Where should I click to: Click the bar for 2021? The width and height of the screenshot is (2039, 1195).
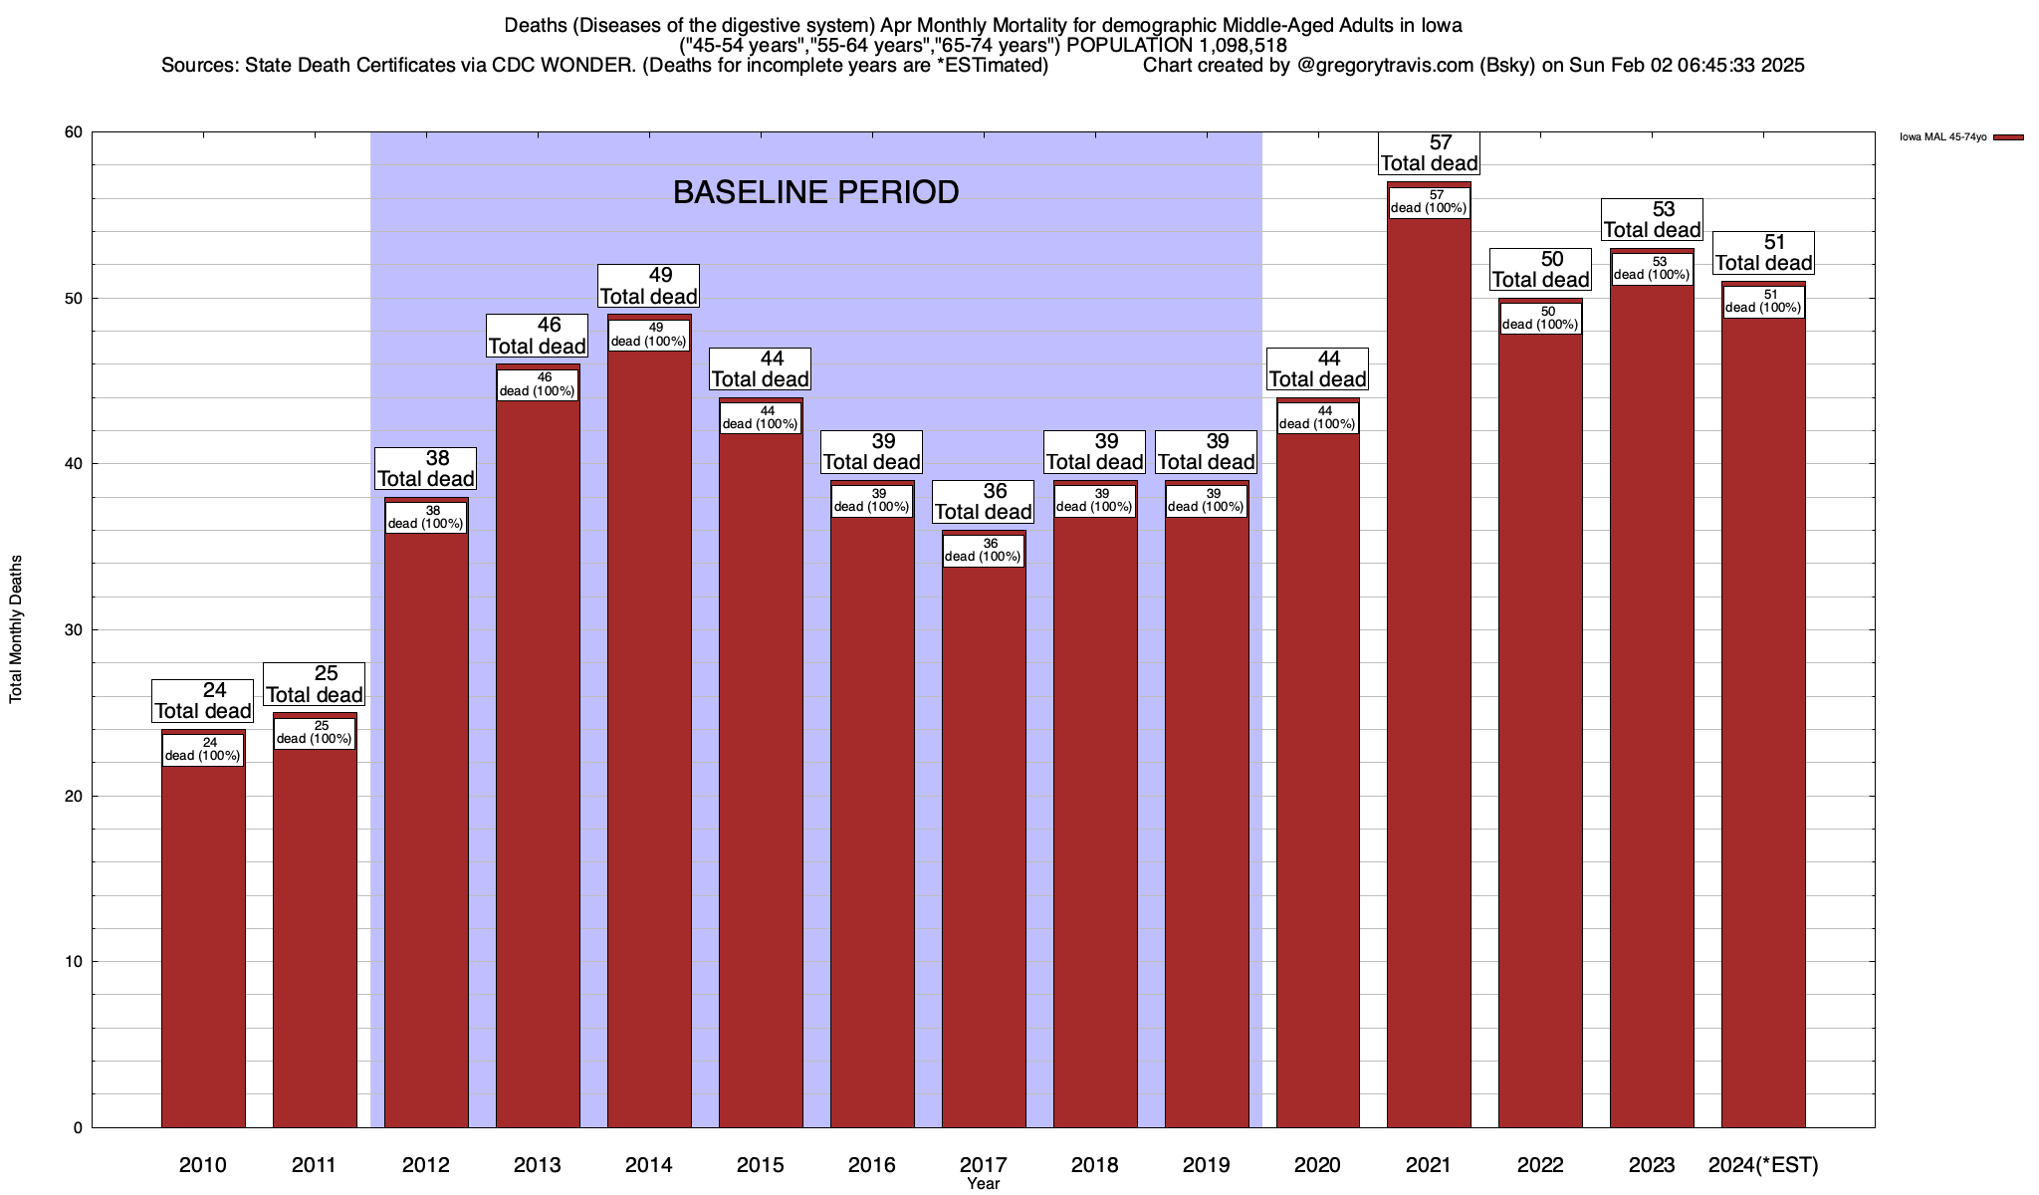[x=1429, y=677]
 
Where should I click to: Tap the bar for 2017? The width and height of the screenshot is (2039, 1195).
[x=984, y=846]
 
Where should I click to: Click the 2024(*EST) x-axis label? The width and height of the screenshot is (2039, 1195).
[x=1763, y=1165]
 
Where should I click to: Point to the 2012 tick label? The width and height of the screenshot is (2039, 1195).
[x=426, y=1165]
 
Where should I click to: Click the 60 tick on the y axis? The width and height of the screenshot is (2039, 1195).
[x=74, y=132]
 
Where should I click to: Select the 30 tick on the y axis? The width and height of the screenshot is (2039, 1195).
[x=74, y=630]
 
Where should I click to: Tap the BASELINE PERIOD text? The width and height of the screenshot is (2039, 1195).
[x=815, y=192]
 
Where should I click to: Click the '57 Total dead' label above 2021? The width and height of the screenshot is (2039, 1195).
[x=1429, y=153]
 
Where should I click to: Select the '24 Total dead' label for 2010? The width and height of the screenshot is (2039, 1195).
[x=203, y=701]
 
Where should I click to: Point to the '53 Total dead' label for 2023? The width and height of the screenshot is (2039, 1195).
[x=1652, y=220]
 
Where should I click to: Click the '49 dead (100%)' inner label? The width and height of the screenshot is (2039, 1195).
[x=649, y=335]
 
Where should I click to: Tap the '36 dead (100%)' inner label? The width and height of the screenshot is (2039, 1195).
[x=984, y=551]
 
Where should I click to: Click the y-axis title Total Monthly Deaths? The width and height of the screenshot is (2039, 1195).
[x=16, y=629]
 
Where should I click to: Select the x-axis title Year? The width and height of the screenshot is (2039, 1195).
[x=983, y=1184]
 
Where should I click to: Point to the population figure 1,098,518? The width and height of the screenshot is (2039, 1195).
[x=1228, y=46]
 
